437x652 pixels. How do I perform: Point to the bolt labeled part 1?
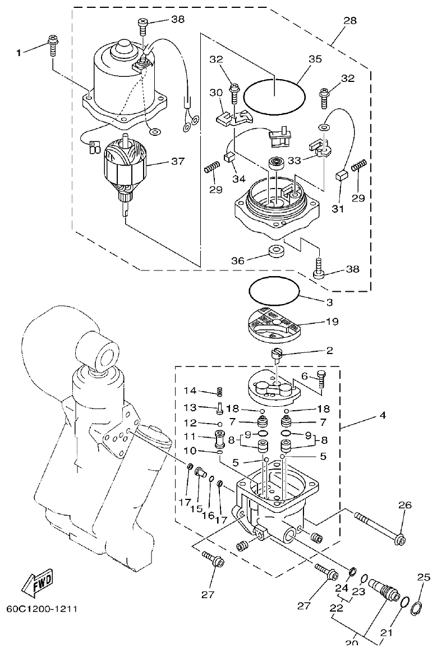tap(52, 44)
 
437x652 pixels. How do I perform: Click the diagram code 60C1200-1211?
tap(42, 608)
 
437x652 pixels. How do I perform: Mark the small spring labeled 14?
tap(220, 393)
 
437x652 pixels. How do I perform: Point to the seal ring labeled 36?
tap(276, 251)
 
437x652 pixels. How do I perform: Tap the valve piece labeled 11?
tap(219, 436)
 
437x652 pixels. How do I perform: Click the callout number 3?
tap(329, 302)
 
